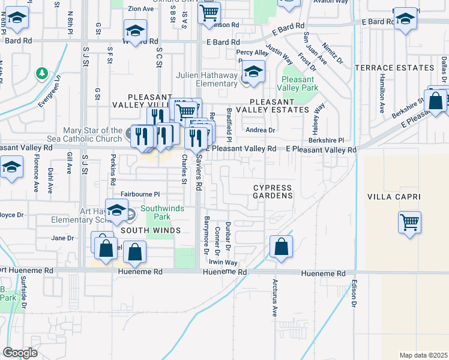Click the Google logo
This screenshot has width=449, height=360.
pyautogui.click(x=19, y=353)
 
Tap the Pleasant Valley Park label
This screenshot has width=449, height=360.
pyautogui.click(x=298, y=83)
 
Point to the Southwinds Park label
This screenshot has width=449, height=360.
pyautogui.click(x=156, y=213)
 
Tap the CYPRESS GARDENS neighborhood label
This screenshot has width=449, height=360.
pyautogui.click(x=272, y=191)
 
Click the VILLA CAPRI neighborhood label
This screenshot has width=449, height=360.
pyautogui.click(x=393, y=197)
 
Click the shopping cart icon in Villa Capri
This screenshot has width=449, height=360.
pyautogui.click(x=409, y=223)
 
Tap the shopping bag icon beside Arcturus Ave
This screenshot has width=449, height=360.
pyautogui.click(x=281, y=247)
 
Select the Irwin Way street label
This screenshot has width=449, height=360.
pyautogui.click(x=223, y=263)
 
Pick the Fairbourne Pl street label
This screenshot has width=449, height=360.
pyautogui.click(x=140, y=194)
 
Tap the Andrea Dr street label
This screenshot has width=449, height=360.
pyautogui.click(x=260, y=130)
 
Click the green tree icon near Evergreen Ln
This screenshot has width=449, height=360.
pyautogui.click(x=41, y=73)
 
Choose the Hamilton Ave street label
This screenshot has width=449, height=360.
pyautogui.click(x=382, y=94)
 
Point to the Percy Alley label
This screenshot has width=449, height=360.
pyautogui.click(x=252, y=53)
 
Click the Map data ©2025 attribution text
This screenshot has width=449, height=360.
pyautogui.click(x=423, y=355)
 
